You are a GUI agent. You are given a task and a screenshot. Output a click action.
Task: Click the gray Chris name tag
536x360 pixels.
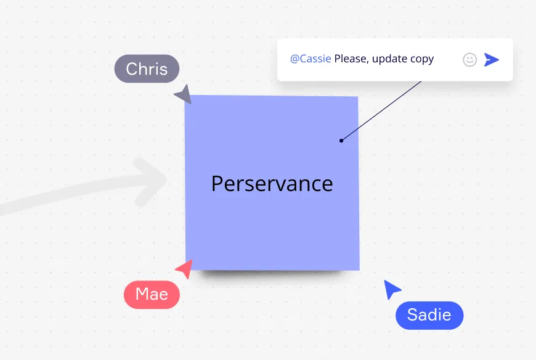click(147, 68)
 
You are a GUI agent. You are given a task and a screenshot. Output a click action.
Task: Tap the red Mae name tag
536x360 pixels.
click(152, 295)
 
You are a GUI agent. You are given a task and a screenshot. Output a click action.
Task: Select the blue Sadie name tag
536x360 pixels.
click(429, 315)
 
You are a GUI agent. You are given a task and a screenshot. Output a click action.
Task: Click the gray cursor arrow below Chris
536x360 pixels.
click(184, 95)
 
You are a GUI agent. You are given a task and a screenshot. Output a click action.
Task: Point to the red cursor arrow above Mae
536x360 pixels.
click(185, 269)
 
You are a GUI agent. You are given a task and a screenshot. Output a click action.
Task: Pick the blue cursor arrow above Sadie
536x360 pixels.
click(391, 289)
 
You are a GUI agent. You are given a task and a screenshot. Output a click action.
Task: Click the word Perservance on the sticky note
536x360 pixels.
click(272, 184)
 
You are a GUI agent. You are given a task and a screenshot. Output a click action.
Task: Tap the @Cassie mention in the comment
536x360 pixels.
click(311, 59)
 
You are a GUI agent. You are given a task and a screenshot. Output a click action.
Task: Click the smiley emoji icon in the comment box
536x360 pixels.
click(469, 60)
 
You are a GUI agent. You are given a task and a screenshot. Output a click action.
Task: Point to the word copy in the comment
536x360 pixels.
click(422, 60)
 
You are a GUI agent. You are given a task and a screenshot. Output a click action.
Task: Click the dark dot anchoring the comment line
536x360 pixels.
click(341, 141)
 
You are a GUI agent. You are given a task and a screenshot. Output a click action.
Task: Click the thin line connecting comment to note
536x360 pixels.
click(381, 111)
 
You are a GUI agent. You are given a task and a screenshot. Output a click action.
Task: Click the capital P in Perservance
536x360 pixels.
click(217, 184)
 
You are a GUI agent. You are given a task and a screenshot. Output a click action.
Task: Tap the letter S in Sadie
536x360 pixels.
click(413, 315)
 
